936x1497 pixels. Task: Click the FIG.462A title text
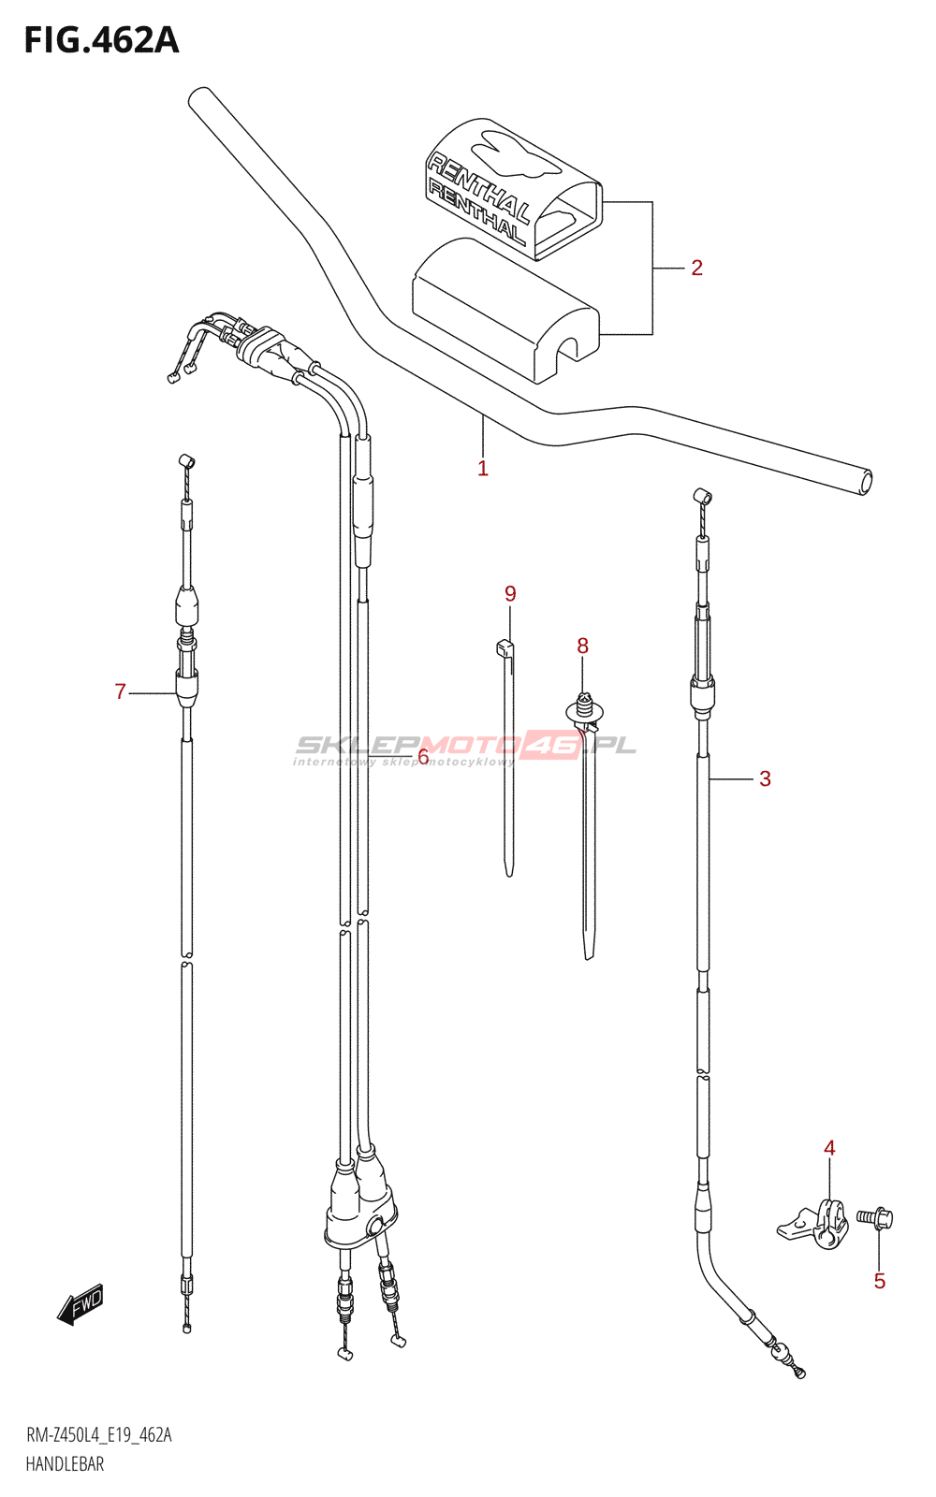coord(101,40)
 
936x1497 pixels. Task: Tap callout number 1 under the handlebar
coord(483,468)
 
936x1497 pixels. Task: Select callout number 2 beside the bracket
coord(696,269)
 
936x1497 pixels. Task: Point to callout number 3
coord(765,778)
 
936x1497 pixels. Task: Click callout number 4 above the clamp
coord(829,1148)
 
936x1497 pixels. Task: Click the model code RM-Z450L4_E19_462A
coord(99,1435)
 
